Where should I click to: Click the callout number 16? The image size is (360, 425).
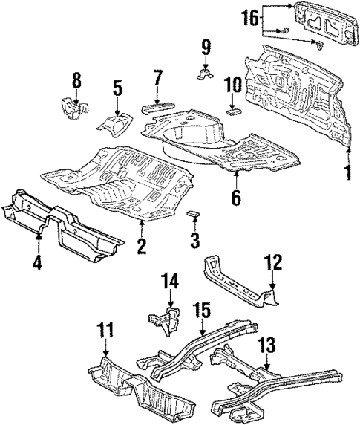(x=252, y=16)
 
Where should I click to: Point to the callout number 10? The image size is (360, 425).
(x=232, y=86)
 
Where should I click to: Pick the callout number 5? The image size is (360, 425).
(x=117, y=88)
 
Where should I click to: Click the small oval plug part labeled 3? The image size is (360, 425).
(x=195, y=215)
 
